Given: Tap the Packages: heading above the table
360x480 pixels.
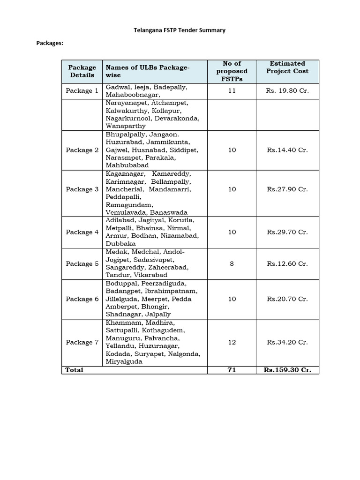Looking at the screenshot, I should pyautogui.click(x=50, y=43).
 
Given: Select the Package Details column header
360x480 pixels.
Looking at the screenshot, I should pyautogui.click(x=82, y=71).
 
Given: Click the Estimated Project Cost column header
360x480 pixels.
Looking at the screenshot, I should pyautogui.click(x=287, y=67).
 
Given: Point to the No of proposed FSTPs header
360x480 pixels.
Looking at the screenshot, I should pyautogui.click(x=232, y=71).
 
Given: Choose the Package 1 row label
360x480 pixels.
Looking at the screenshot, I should pyautogui.click(x=82, y=91).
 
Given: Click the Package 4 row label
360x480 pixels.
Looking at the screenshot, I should pyautogui.click(x=82, y=232).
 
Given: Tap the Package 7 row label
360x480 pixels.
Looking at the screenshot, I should pyautogui.click(x=82, y=342).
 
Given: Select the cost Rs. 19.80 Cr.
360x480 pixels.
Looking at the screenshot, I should pyautogui.click(x=287, y=91).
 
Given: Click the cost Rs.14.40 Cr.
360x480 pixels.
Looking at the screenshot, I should pyautogui.click(x=287, y=150).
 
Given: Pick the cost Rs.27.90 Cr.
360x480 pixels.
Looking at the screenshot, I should pyautogui.click(x=287, y=189).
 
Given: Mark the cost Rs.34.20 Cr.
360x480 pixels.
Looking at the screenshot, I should pyautogui.click(x=287, y=342).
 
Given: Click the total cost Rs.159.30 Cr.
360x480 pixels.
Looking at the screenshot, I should pyautogui.click(x=287, y=370).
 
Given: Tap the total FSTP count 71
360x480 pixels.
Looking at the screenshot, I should pyautogui.click(x=232, y=370).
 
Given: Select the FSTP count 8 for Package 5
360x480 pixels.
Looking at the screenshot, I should pyautogui.click(x=232, y=263).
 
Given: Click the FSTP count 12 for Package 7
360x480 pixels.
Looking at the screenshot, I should pyautogui.click(x=232, y=342).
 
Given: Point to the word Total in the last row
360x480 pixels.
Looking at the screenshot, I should pyautogui.click(x=75, y=370).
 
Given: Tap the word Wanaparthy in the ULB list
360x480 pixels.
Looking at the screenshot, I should pyautogui.click(x=126, y=126).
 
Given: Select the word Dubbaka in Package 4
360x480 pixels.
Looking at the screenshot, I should pyautogui.click(x=120, y=244).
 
